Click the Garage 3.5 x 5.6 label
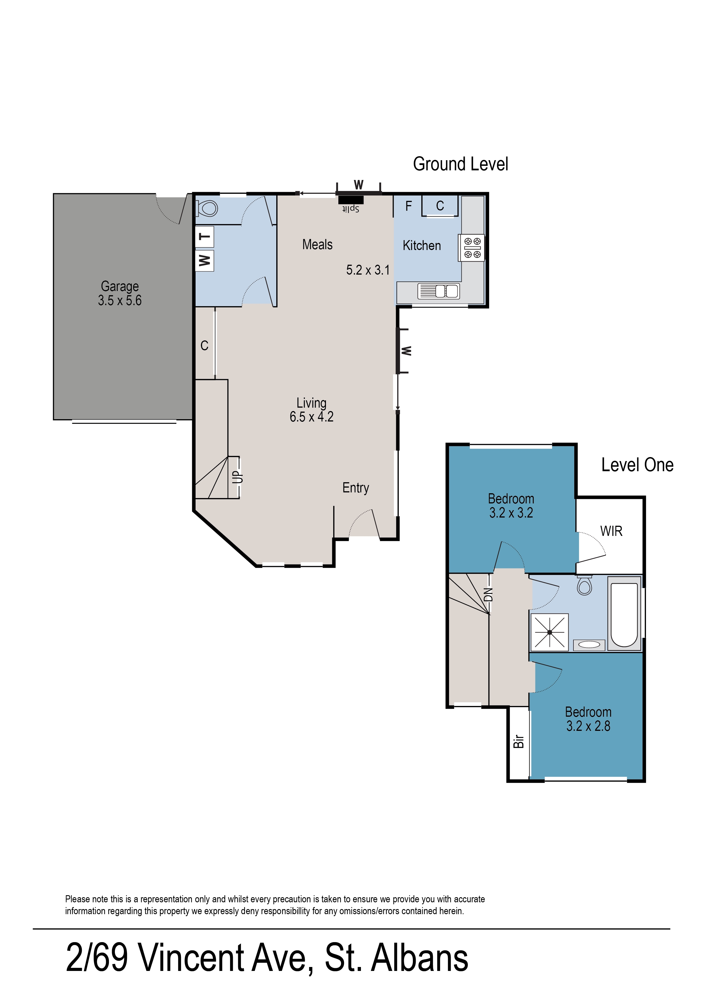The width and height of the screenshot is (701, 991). click(x=120, y=293)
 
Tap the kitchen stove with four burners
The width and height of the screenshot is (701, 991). click(x=472, y=248)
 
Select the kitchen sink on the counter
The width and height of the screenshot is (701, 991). click(x=439, y=291)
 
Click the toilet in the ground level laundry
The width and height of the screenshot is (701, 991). click(x=208, y=208)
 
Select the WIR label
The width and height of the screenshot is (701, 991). click(x=611, y=531)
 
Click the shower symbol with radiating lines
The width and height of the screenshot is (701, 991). click(x=549, y=632)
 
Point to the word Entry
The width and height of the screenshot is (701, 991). click(x=356, y=488)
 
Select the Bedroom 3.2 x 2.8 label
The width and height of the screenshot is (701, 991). click(x=588, y=719)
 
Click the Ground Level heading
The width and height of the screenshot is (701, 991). click(x=460, y=164)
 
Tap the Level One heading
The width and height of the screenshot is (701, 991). click(x=637, y=465)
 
